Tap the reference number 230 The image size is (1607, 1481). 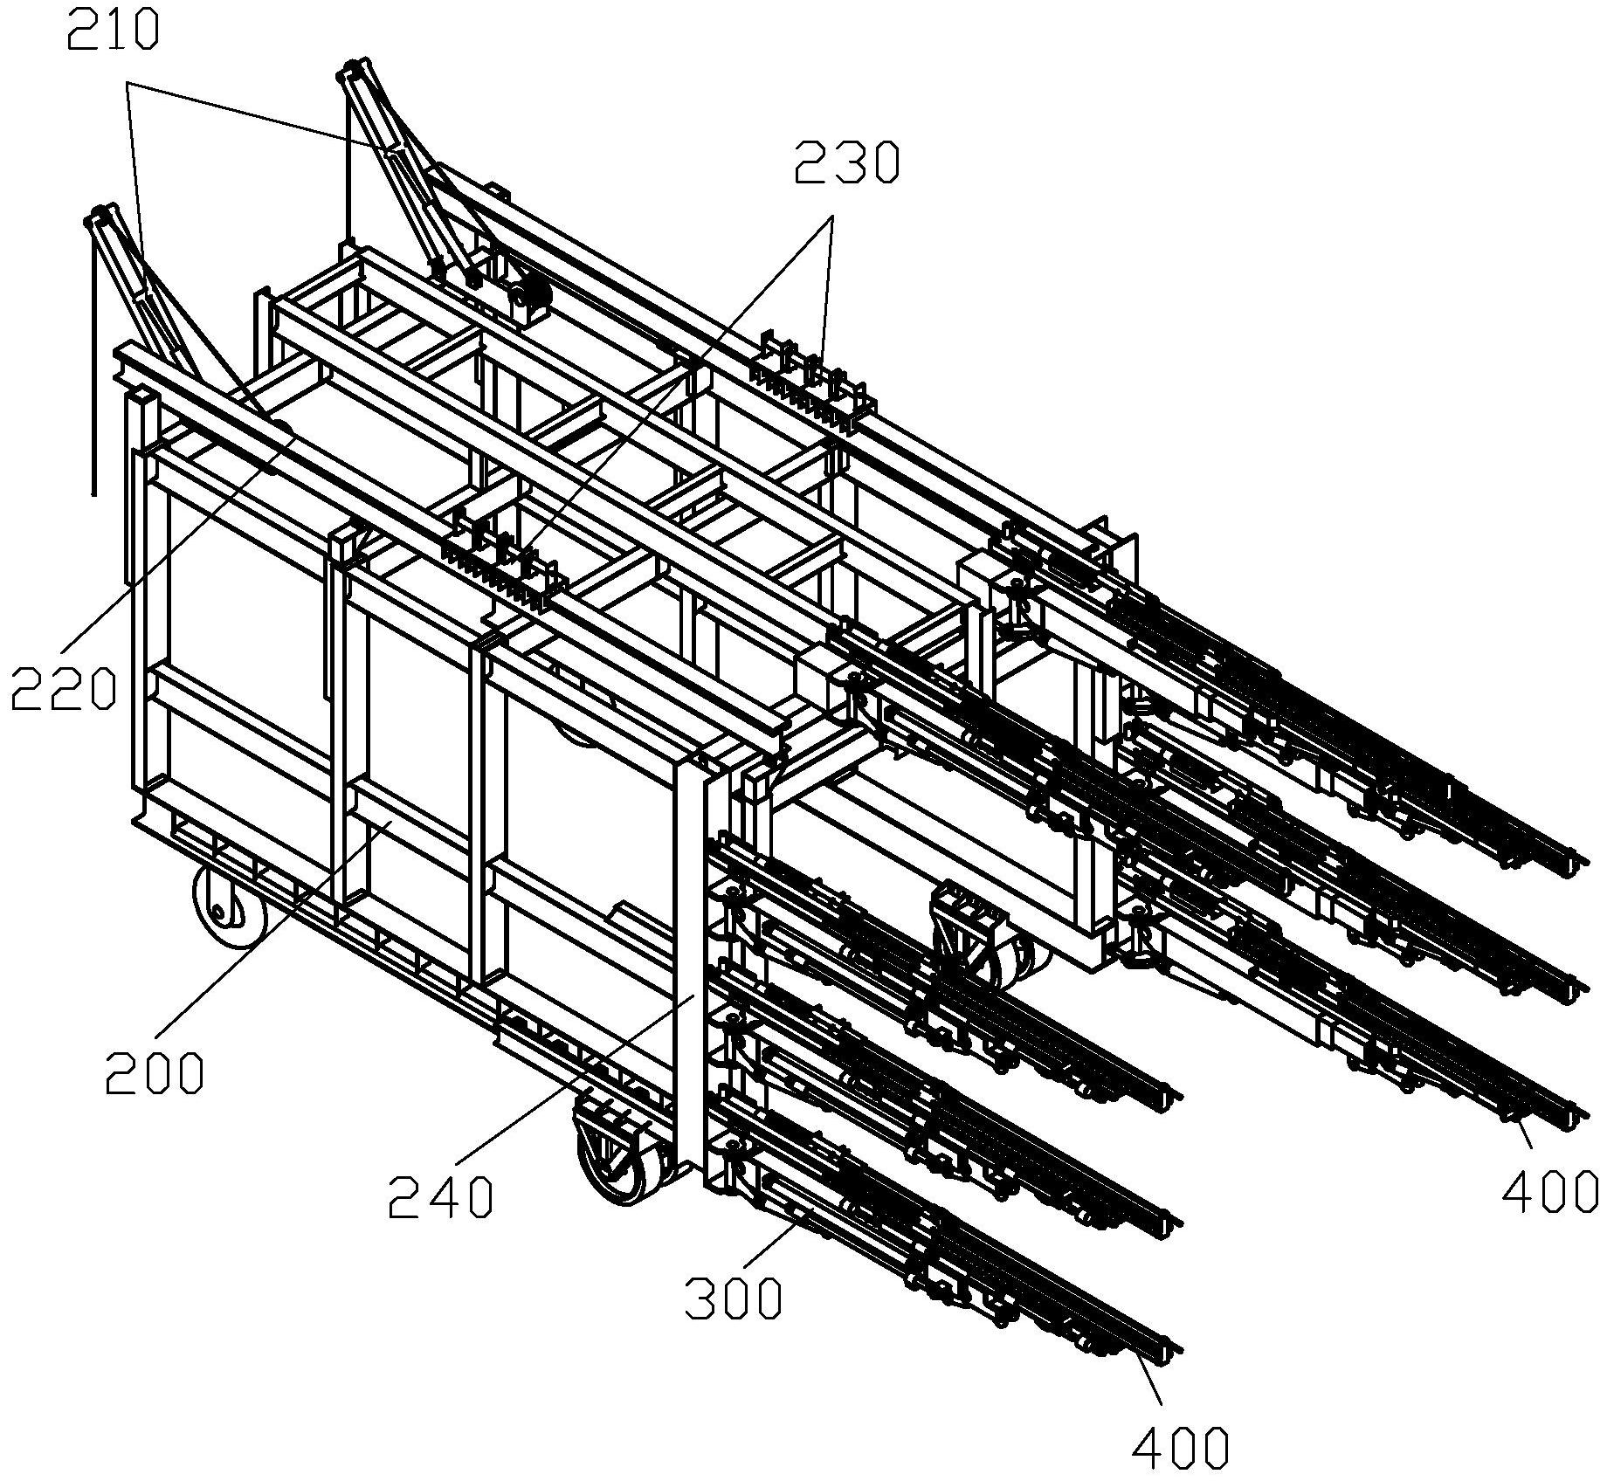click(x=845, y=163)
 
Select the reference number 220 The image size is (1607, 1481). click(x=64, y=690)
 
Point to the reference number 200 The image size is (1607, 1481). click(x=155, y=1073)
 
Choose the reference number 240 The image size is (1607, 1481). click(x=441, y=1196)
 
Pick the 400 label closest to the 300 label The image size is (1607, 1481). click(x=1181, y=1450)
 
